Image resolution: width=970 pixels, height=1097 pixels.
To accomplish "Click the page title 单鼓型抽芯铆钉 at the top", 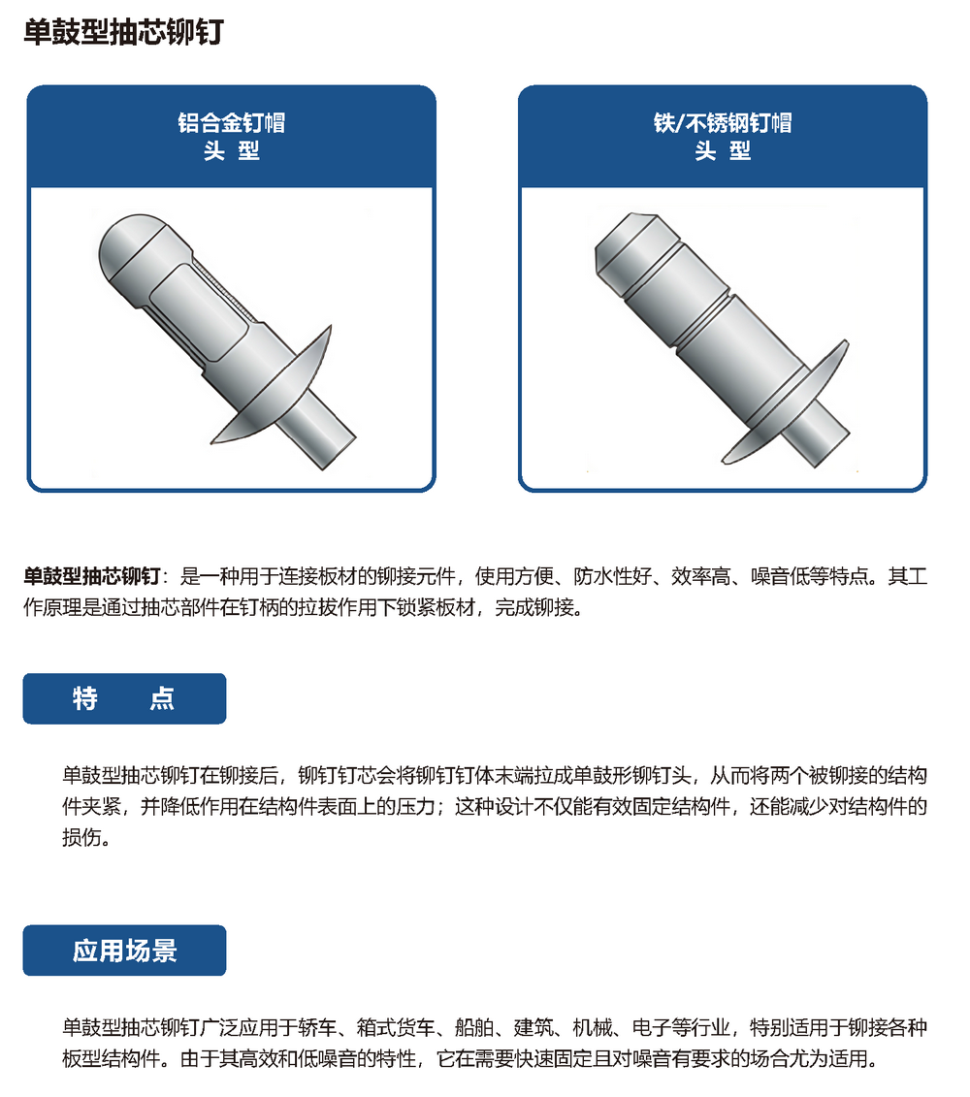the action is pyautogui.click(x=123, y=32).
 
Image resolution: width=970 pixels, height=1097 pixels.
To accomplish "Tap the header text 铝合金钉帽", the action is pyautogui.click(x=232, y=123).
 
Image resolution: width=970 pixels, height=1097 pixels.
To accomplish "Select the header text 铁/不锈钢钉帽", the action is pyautogui.click(x=723, y=123).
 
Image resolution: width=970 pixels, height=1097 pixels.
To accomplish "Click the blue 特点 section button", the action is pyautogui.click(x=124, y=698).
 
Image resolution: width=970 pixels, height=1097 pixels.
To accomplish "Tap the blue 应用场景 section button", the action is pyautogui.click(x=124, y=951).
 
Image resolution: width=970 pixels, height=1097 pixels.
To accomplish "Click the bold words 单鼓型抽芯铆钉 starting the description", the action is pyautogui.click(x=92, y=576).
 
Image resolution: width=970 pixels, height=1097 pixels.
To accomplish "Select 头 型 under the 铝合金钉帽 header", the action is pyautogui.click(x=232, y=151).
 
